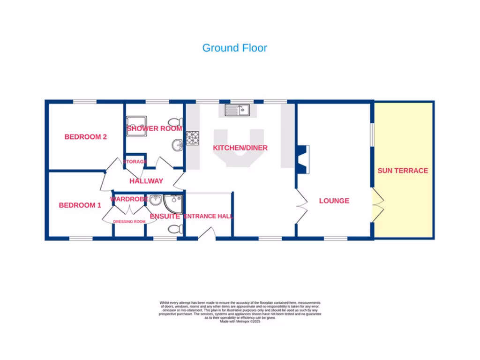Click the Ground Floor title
(234, 48)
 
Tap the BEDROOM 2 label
(86, 137)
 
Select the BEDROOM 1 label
(80, 205)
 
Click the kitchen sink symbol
(238, 110)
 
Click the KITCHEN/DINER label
(240, 148)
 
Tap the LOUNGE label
(334, 201)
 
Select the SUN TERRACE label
(403, 171)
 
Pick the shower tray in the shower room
(136, 126)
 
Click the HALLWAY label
(146, 181)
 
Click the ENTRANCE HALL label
(208, 216)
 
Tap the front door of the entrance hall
(204, 234)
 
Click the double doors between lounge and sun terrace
(378, 205)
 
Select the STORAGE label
(135, 162)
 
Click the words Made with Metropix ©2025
(240, 321)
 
